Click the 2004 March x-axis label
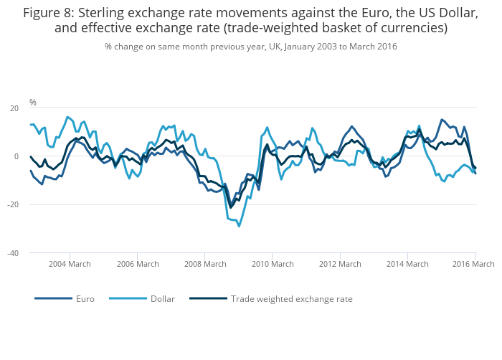70,264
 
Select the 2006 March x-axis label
137,264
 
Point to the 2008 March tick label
204,264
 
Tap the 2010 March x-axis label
273,264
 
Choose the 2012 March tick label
340,264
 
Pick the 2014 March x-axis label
407,264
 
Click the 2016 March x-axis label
473,264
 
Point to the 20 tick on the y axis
14,108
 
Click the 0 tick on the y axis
16,156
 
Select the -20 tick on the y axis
12,205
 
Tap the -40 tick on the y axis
12,253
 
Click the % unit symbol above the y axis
33,103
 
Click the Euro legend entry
85,299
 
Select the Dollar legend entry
162,299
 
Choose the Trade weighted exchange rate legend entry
291,299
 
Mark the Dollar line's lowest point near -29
239,226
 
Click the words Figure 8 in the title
50,12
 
